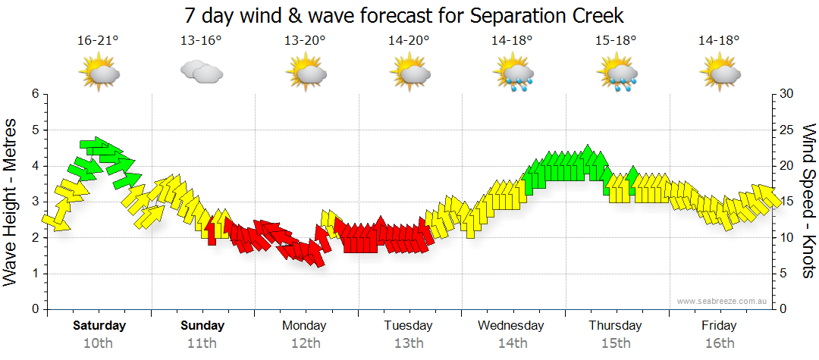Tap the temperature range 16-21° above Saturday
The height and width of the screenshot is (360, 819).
point(98,41)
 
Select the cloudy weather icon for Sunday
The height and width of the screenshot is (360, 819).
point(201,72)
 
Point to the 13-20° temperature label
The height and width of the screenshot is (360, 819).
point(305,41)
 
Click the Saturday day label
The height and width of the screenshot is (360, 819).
point(99,326)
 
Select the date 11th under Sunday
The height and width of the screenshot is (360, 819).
point(202,343)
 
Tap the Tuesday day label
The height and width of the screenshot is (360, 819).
point(408,326)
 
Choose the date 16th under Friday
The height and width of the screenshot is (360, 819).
point(718,343)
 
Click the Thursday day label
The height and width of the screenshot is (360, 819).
point(615,326)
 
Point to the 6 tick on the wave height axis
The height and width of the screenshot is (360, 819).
point(34,94)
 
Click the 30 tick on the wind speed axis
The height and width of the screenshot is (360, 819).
point(786,94)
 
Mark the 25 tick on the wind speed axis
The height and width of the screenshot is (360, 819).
point(786,130)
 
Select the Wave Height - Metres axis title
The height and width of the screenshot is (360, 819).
point(12,201)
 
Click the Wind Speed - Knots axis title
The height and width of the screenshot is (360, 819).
point(808,201)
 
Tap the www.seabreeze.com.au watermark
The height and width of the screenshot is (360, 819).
point(723,301)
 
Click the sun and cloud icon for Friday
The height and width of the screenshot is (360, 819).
point(720,74)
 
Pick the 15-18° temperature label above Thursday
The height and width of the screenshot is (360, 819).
point(615,41)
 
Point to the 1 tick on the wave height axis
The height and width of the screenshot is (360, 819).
point(34,274)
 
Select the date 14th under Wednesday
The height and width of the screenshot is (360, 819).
point(512,343)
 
